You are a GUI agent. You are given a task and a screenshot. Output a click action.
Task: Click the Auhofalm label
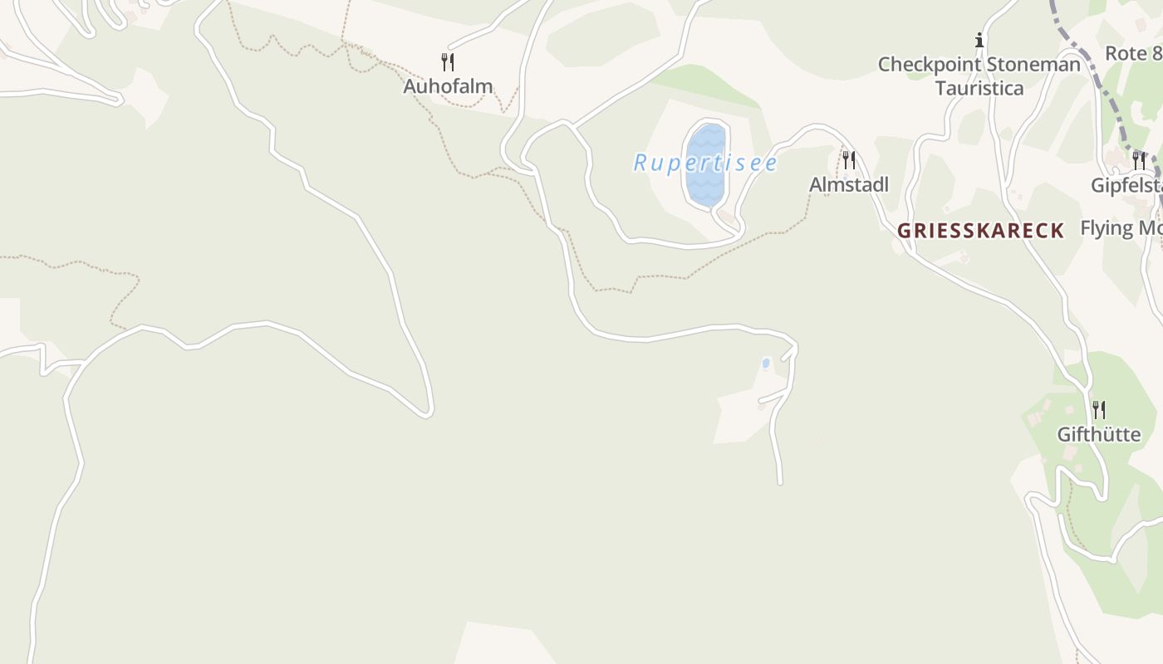[448, 85]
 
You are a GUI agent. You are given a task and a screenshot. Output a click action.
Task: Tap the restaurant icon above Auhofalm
[448, 61]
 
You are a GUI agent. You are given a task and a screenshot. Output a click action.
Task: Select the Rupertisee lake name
[705, 163]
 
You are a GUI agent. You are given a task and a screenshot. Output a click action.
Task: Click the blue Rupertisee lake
[705, 178]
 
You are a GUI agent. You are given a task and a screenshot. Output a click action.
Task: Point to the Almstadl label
[848, 184]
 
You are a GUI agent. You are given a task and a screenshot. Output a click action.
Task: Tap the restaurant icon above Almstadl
[848, 159]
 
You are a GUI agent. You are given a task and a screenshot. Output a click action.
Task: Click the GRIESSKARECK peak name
[980, 231]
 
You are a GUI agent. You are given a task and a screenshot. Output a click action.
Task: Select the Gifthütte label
[1098, 434]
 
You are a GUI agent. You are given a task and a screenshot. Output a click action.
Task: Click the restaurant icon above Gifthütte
[1098, 409]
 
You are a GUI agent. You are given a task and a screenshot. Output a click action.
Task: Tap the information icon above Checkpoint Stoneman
[979, 40]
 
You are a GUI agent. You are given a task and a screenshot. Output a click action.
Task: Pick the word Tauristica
[979, 88]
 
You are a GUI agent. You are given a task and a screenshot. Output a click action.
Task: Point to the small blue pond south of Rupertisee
[765, 364]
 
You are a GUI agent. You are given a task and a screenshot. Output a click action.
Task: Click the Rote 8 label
[1133, 54]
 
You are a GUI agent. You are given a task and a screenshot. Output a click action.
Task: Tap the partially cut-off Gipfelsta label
[1126, 185]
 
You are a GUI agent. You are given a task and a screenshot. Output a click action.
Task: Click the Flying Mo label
[1121, 228]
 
